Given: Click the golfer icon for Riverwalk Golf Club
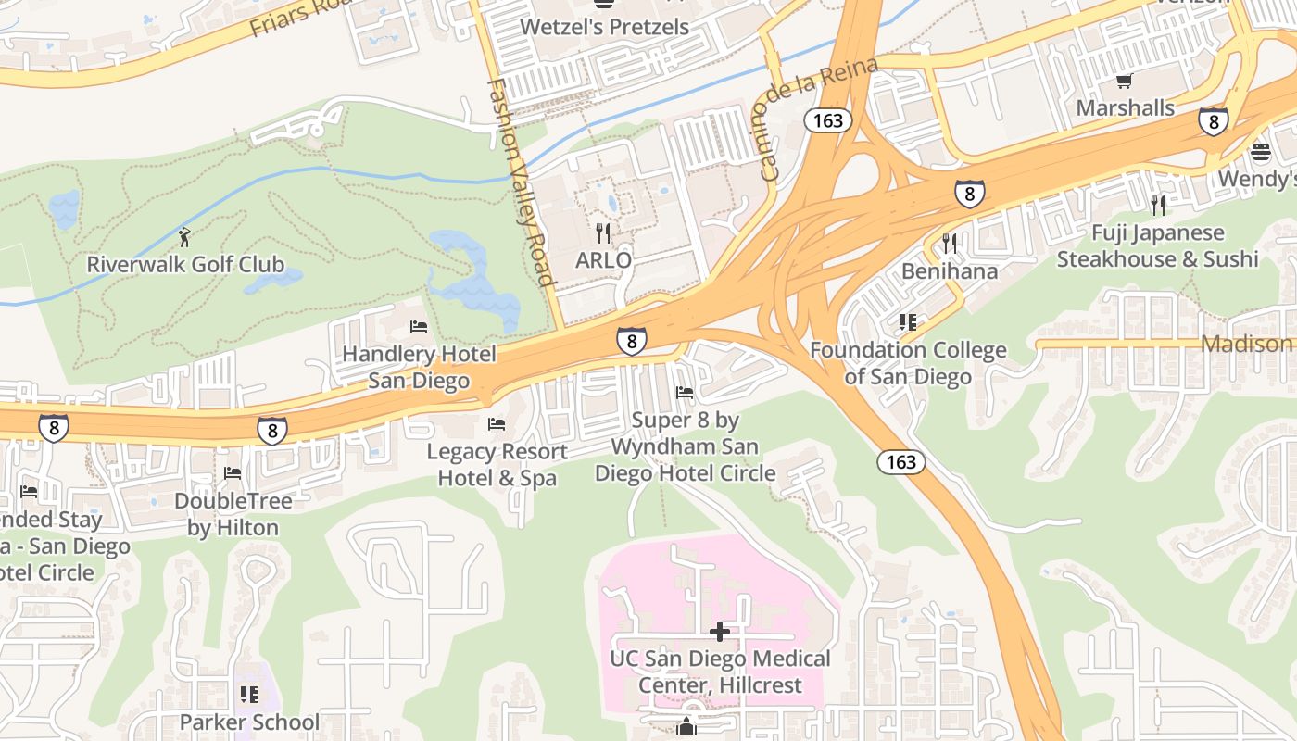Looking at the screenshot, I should click(x=185, y=237).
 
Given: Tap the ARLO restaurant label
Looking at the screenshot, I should click(x=603, y=259).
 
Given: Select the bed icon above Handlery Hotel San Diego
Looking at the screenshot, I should click(x=419, y=327).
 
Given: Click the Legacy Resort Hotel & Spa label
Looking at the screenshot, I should click(x=497, y=465).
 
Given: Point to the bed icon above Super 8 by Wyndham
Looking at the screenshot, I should click(x=685, y=393).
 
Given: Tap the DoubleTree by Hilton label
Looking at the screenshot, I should click(x=233, y=514).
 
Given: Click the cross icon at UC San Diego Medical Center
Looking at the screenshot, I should click(x=720, y=632).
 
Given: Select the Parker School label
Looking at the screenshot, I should click(x=249, y=722).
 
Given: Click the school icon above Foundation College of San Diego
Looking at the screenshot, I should click(x=908, y=322).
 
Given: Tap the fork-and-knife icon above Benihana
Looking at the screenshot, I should click(x=950, y=244).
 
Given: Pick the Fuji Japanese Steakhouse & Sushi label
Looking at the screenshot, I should click(x=1157, y=245).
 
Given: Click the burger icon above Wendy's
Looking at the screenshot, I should click(x=1260, y=151).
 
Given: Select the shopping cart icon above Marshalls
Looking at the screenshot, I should click(x=1125, y=82).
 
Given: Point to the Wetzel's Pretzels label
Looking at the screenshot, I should click(x=604, y=27).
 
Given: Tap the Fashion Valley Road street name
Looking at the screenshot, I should click(x=521, y=182).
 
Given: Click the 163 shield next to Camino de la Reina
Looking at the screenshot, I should click(x=827, y=120).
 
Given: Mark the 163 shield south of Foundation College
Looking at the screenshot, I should click(x=900, y=461).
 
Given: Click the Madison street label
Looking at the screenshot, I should click(x=1247, y=344).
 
